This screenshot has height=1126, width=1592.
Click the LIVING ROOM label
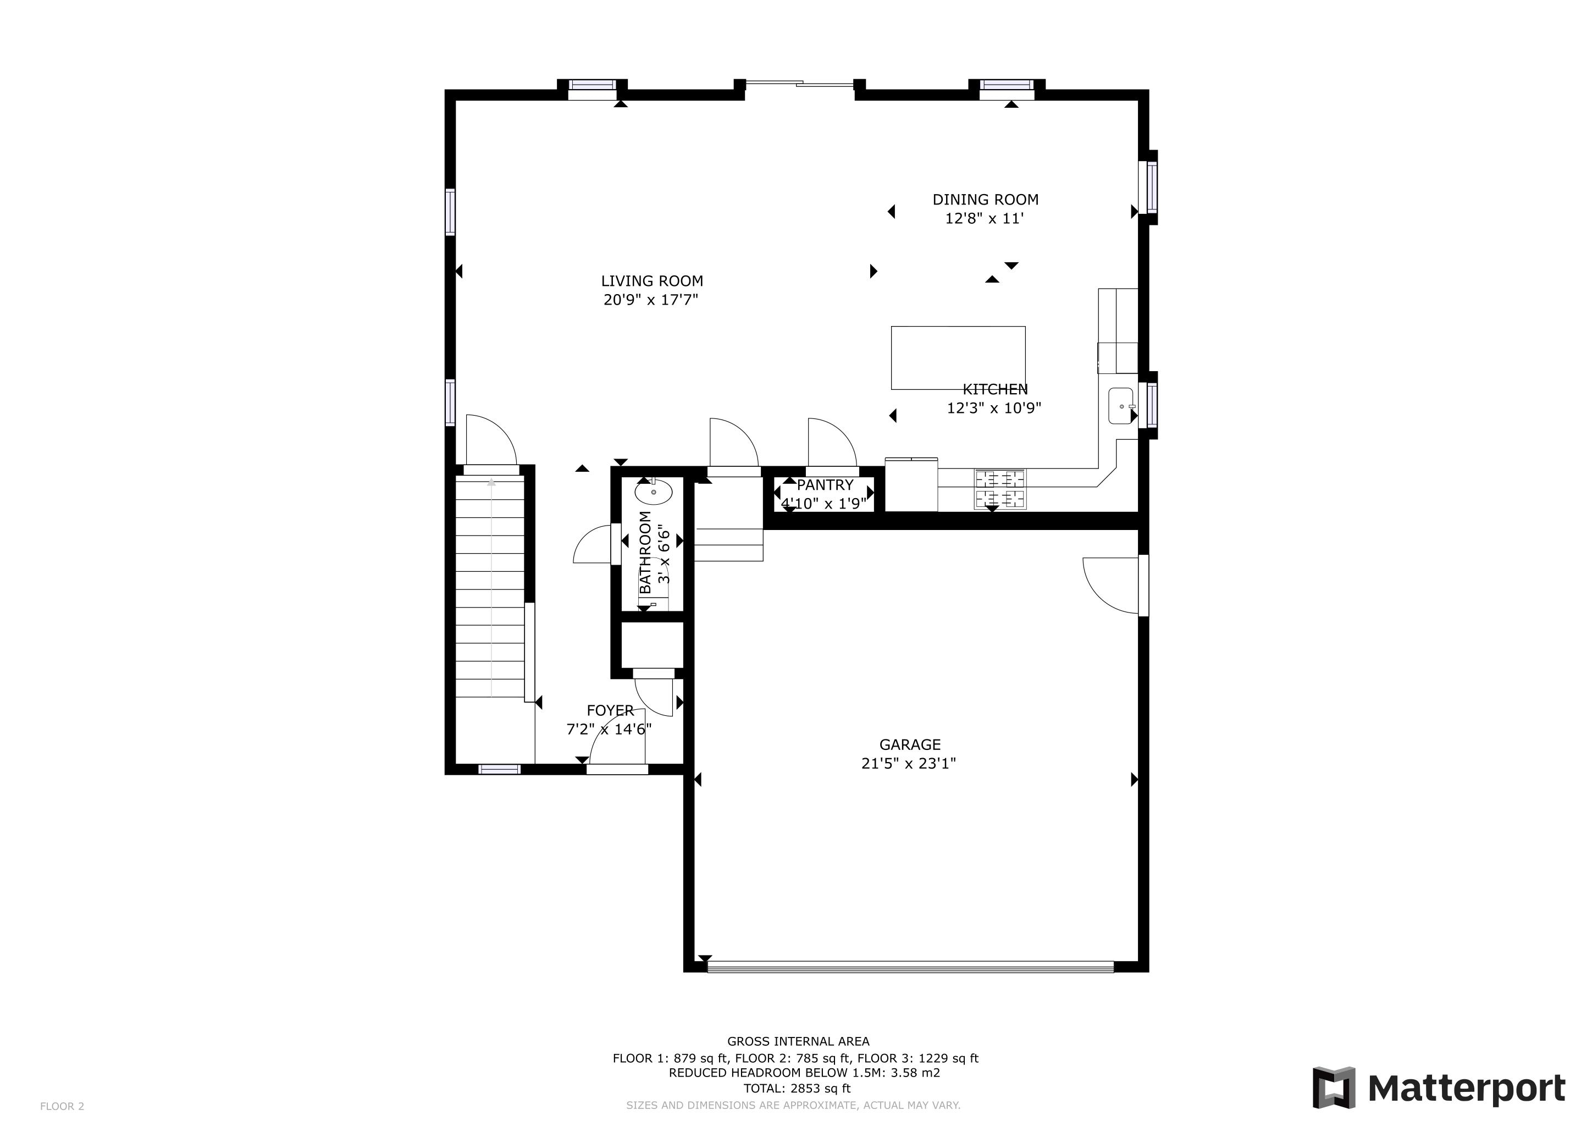pyautogui.click(x=652, y=281)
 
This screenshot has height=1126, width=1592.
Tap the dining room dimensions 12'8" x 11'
pyautogui.click(x=985, y=218)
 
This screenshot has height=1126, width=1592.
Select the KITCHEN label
pyautogui.click(x=995, y=390)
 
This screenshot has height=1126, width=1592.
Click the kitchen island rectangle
pyautogui.click(x=958, y=357)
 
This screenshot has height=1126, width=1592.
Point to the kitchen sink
pyautogui.click(x=1120, y=406)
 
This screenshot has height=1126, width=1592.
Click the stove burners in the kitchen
pyautogui.click(x=1000, y=488)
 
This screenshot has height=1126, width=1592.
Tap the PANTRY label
pyautogui.click(x=825, y=484)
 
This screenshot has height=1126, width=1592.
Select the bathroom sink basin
pyautogui.click(x=653, y=492)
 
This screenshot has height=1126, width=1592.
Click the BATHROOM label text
pyautogui.click(x=645, y=552)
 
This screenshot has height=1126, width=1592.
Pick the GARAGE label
pyautogui.click(x=910, y=744)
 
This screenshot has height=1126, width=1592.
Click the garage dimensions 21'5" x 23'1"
pyautogui.click(x=908, y=763)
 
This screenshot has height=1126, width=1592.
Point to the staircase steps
pyautogui.click(x=490, y=589)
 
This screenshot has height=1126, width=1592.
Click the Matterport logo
pyautogui.click(x=1439, y=1088)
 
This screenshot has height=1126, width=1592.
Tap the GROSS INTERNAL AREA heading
pyautogui.click(x=798, y=1041)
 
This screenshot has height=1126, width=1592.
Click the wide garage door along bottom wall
pyautogui.click(x=910, y=967)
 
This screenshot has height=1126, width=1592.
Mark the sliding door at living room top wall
pyautogui.click(x=799, y=85)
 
